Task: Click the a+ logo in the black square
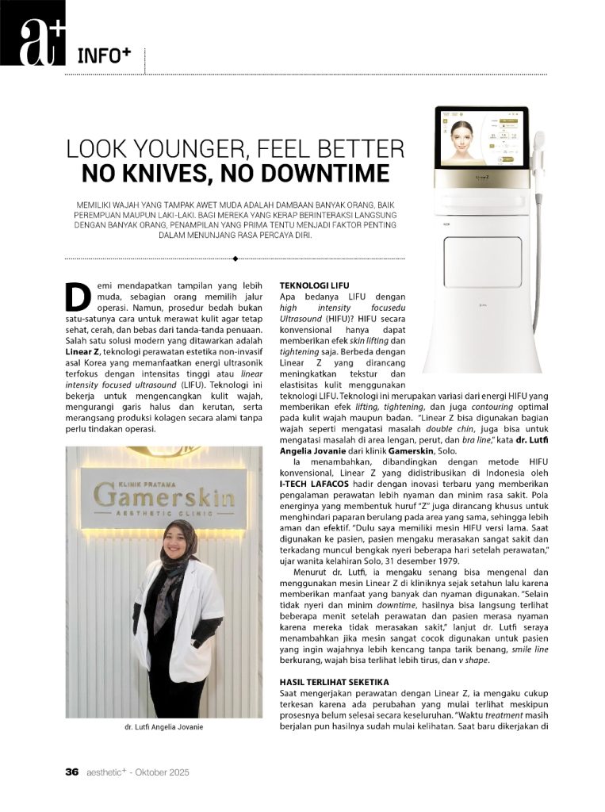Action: (33, 33)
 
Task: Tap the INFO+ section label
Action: (104, 56)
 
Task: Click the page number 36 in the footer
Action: (71, 772)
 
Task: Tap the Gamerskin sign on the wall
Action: (164, 497)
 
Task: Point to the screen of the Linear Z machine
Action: (481, 138)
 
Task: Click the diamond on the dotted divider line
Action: (235, 258)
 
